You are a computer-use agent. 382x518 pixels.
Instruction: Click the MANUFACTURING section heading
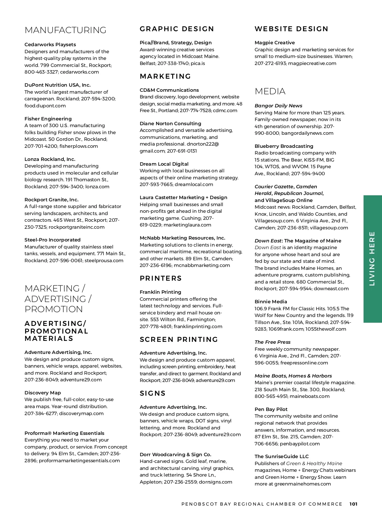(65, 30)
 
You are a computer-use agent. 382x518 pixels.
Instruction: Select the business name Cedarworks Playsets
(50, 45)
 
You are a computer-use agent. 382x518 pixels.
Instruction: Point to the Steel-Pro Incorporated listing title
(53, 240)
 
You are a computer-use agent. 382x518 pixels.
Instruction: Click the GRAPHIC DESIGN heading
(177, 29)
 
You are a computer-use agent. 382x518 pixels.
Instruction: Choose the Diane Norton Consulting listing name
(170, 124)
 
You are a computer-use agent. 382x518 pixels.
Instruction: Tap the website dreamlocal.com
(194, 184)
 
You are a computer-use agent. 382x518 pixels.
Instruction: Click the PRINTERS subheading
(161, 278)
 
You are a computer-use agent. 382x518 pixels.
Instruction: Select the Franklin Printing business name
(160, 292)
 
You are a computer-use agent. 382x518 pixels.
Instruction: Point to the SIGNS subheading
(153, 393)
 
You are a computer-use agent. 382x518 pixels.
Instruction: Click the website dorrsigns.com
(216, 482)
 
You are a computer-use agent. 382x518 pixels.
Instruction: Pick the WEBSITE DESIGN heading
(291, 29)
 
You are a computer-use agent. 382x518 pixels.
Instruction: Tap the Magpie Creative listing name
(275, 43)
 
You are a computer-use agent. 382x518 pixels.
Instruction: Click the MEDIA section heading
(270, 91)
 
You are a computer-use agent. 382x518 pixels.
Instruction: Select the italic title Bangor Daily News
(279, 106)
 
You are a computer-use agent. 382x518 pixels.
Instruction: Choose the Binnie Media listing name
(271, 302)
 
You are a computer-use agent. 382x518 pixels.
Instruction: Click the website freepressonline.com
(304, 363)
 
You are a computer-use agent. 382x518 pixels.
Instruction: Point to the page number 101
(353, 504)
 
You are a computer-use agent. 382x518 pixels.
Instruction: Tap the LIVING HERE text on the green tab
(372, 258)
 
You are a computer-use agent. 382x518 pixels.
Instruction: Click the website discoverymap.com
(81, 414)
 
